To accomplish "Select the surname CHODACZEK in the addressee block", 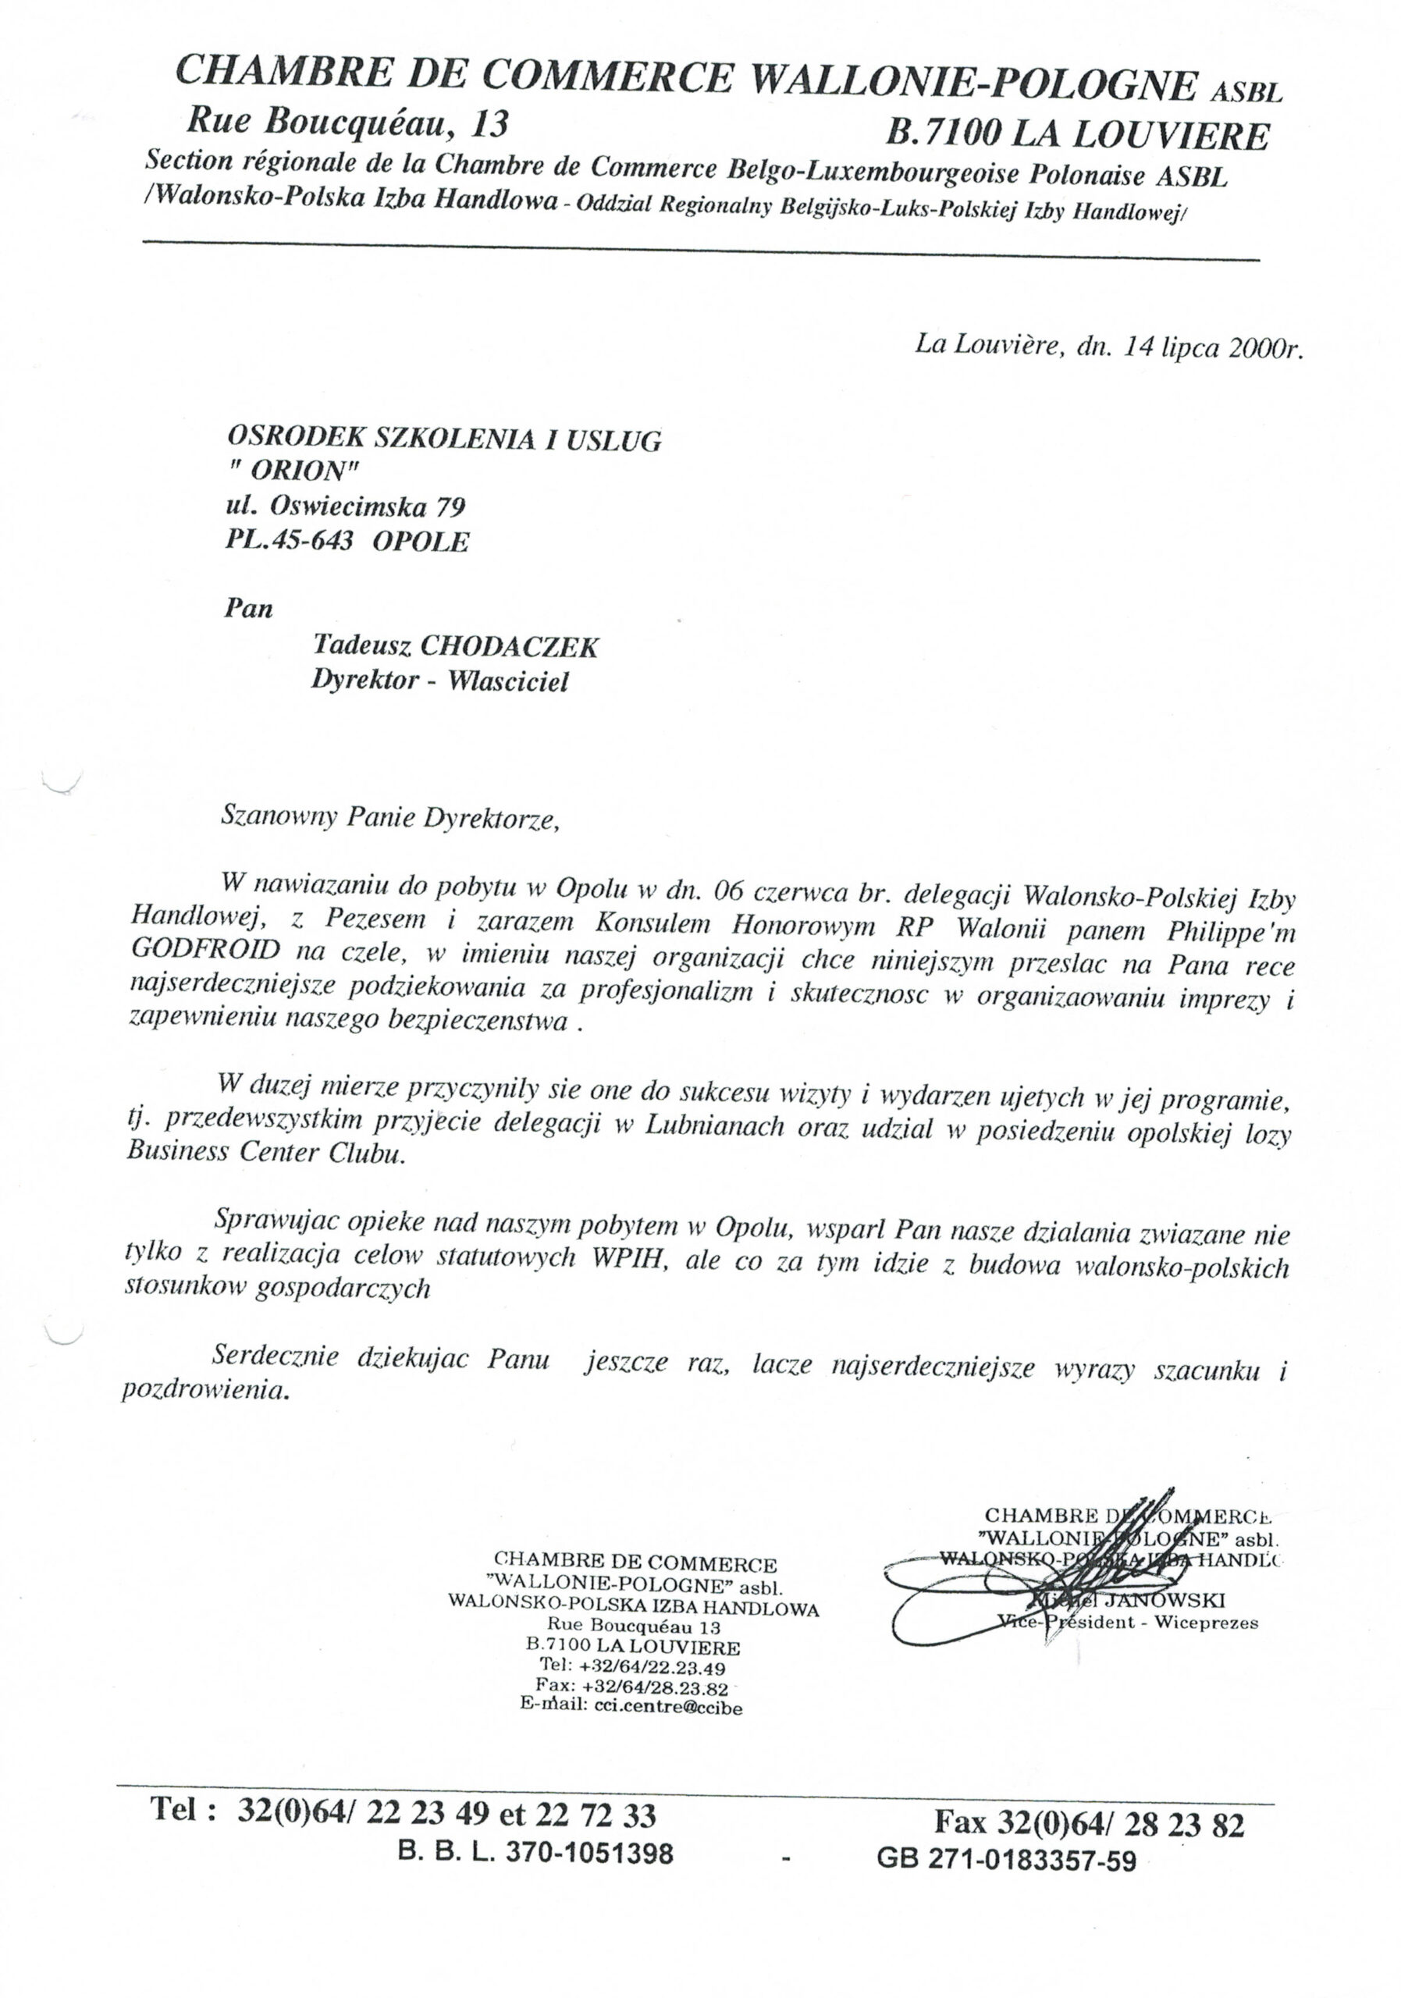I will [x=509, y=645].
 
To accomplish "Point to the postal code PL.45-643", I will [x=290, y=542].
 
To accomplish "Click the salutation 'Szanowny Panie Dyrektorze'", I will [x=389, y=819].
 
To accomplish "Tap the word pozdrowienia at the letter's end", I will [x=204, y=1392].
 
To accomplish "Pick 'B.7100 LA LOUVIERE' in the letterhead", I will [x=1076, y=136].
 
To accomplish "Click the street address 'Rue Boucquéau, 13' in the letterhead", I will [x=347, y=123].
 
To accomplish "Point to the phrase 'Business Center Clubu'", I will [x=265, y=1153].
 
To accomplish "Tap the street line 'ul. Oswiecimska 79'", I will [x=345, y=506].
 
